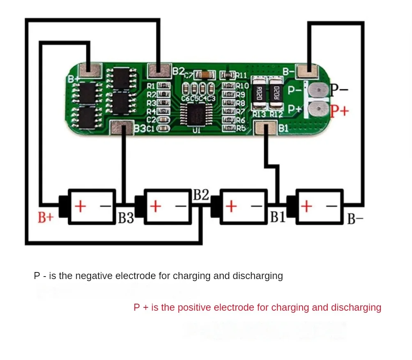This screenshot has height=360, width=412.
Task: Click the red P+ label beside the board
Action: (339, 111)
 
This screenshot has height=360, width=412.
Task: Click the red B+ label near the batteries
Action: (46, 218)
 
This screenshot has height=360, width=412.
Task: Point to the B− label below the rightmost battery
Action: (355, 219)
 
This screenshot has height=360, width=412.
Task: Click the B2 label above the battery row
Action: (201, 195)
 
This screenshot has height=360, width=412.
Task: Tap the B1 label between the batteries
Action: (278, 217)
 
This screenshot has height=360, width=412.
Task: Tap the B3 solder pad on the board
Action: (122, 127)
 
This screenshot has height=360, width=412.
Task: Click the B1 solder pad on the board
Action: (265, 127)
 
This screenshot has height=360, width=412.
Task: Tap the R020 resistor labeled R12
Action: (276, 93)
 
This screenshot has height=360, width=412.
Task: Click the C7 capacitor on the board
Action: (205, 75)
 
